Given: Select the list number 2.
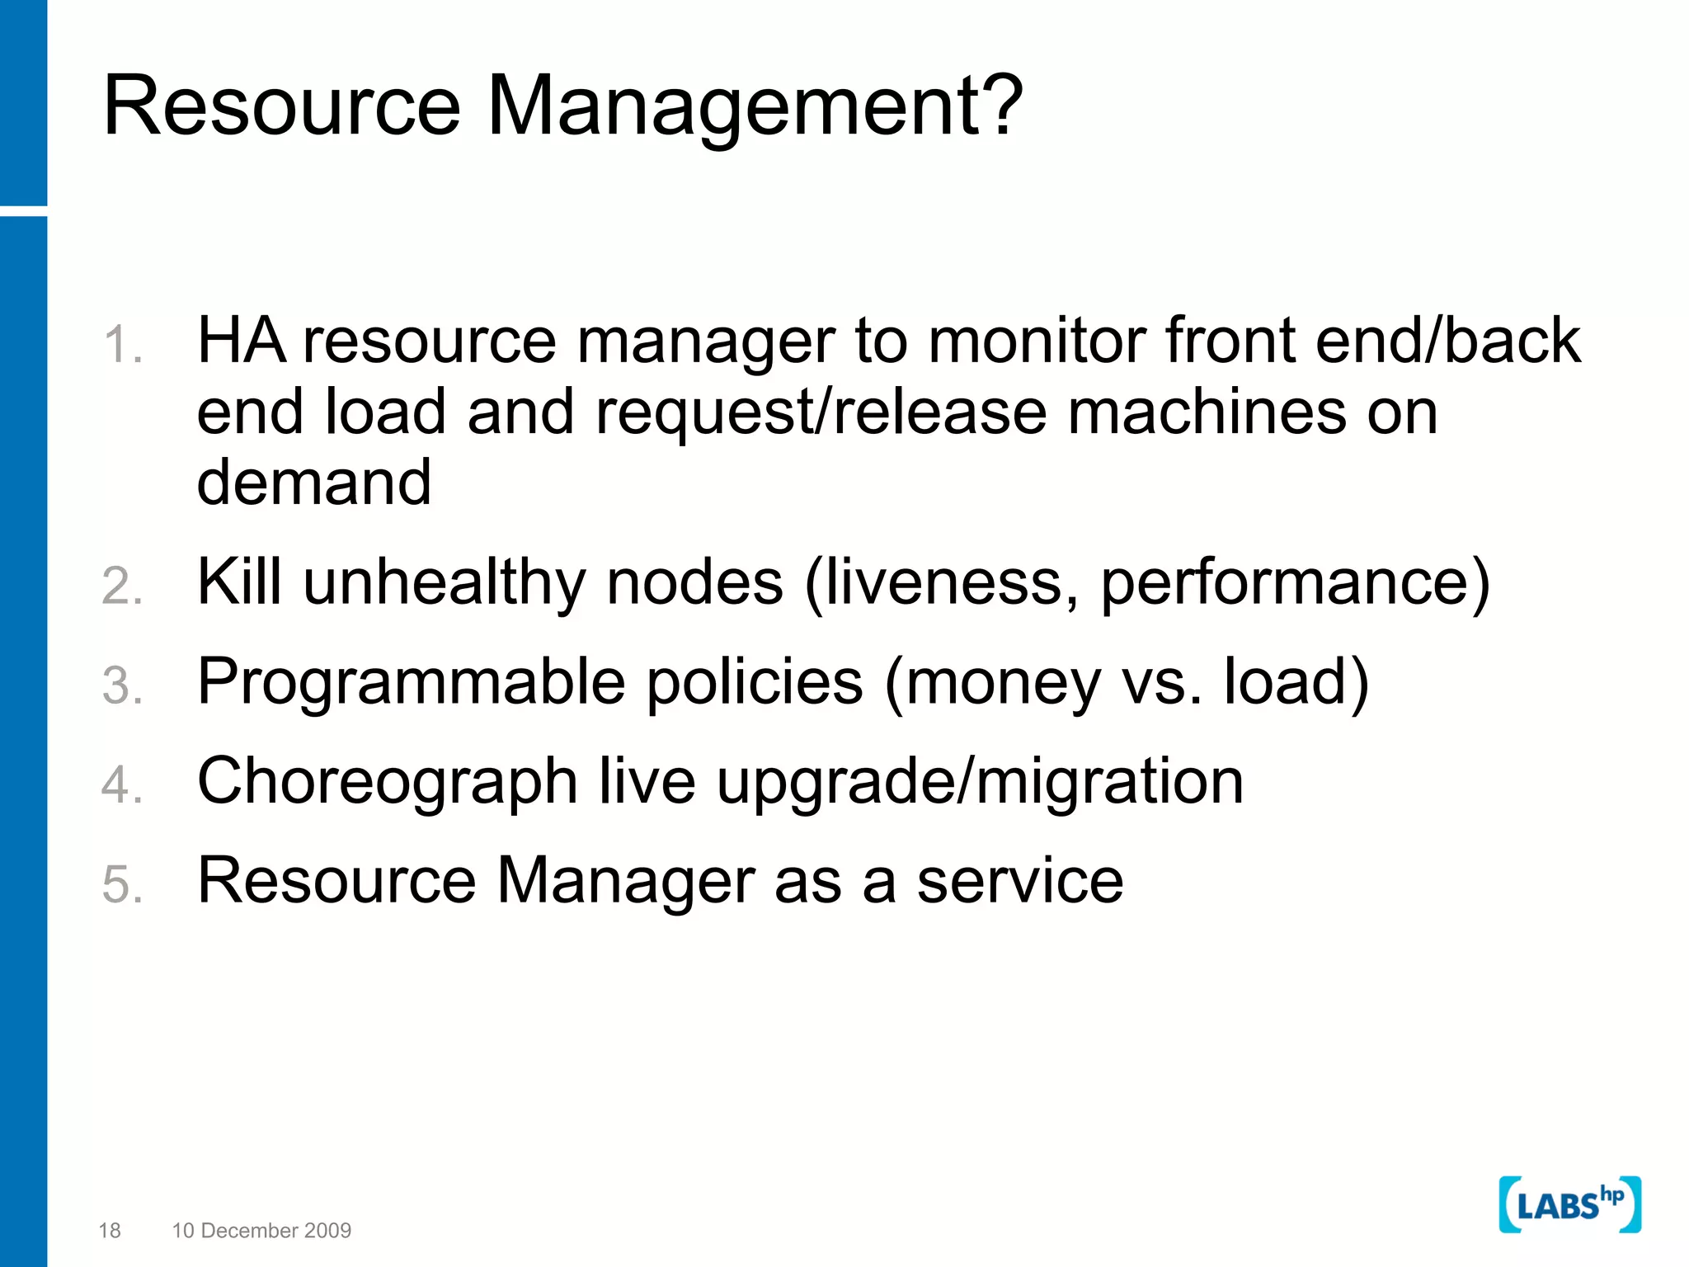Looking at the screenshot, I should [x=122, y=586].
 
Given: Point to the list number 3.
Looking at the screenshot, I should [x=122, y=685].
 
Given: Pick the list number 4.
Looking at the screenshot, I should [x=122, y=784].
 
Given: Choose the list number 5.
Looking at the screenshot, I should [x=122, y=884].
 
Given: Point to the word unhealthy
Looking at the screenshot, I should [x=445, y=582].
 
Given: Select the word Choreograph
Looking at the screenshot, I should [x=387, y=782].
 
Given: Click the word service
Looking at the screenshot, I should [x=1020, y=881].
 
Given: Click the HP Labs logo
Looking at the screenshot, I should [x=1569, y=1205].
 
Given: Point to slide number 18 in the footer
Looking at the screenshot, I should [x=110, y=1231].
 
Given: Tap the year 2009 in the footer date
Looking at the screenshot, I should [x=328, y=1231].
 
